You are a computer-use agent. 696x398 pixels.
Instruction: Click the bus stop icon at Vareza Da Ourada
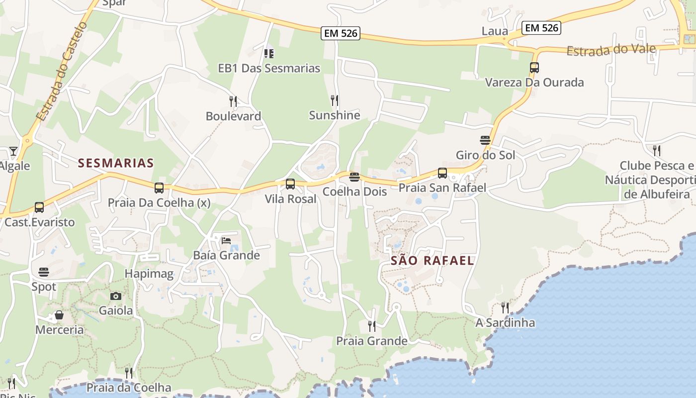click(534, 68)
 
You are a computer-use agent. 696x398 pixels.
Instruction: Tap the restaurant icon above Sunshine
click(335, 100)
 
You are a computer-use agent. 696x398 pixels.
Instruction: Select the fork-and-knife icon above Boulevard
click(233, 101)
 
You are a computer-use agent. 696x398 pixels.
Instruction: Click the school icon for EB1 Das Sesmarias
click(269, 53)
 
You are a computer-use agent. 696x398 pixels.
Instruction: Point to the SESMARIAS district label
click(116, 163)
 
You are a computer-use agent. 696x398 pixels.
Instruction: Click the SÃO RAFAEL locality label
click(432, 260)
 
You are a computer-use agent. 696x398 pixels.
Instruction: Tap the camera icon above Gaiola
click(116, 296)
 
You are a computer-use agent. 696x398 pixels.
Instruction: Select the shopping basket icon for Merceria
click(59, 315)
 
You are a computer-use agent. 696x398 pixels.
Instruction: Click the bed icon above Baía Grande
click(226, 241)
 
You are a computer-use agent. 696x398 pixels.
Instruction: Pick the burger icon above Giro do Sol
click(485, 140)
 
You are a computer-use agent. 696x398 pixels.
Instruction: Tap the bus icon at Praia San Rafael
click(442, 173)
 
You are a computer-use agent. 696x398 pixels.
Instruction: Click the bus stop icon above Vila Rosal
click(290, 184)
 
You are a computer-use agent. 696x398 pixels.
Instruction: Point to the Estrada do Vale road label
click(611, 50)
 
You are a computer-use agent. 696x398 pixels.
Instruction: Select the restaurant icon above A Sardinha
click(505, 307)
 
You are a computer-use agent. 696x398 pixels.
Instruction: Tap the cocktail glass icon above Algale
click(13, 151)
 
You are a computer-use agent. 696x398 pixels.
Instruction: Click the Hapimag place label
click(149, 273)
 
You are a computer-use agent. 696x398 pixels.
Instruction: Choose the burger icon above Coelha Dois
click(354, 177)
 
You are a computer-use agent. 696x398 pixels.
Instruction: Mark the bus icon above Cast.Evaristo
click(39, 207)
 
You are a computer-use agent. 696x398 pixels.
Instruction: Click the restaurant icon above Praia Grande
click(372, 326)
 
